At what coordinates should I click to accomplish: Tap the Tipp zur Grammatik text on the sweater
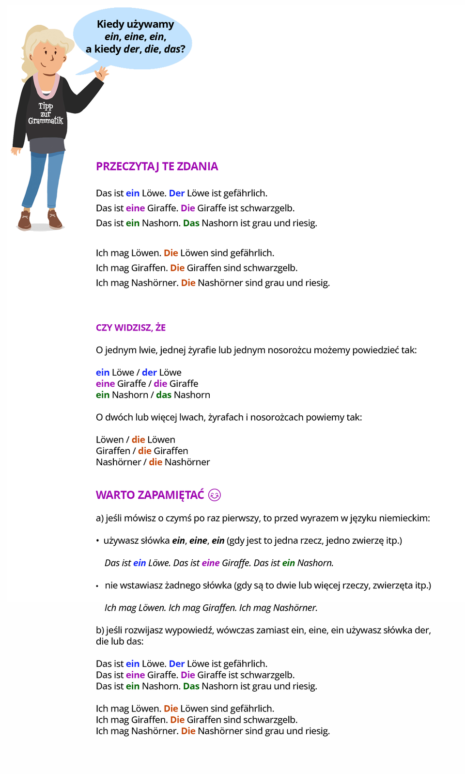coord(46,113)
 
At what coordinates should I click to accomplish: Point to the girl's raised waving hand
coord(102,73)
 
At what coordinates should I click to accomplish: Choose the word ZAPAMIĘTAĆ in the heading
coord(170,495)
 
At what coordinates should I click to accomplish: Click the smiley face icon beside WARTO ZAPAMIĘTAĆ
coord(214,495)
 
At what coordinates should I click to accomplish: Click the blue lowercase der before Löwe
coord(149,372)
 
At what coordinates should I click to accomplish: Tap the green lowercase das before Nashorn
coord(164,395)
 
